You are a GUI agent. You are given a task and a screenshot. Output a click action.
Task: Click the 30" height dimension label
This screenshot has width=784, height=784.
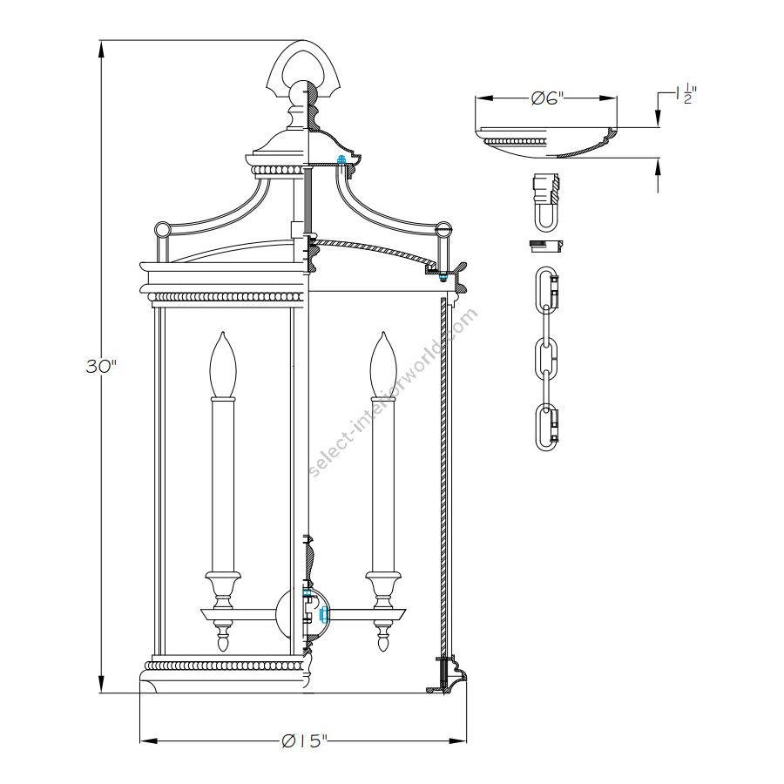pos(101,367)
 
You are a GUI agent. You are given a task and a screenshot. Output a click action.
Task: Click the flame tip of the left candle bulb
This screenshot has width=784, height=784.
pos(223,335)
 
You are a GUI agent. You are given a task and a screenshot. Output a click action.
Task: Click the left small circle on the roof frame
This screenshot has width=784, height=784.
pos(161,230)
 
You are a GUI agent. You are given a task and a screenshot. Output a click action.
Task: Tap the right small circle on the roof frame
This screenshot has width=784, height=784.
pos(443,230)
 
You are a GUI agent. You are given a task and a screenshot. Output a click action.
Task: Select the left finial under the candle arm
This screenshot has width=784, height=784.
pos(223,640)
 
